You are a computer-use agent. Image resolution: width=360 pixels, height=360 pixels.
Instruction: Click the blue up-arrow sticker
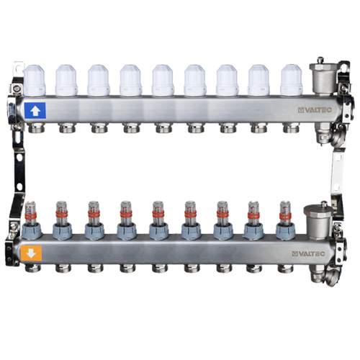point(35,111)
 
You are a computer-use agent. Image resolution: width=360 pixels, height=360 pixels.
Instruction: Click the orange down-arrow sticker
point(31,253)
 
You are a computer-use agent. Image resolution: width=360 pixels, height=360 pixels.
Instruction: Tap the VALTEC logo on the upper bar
point(315,110)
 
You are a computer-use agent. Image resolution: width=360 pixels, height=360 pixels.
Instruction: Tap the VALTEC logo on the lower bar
point(308,254)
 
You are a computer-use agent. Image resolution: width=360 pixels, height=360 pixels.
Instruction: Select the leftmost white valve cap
point(35,81)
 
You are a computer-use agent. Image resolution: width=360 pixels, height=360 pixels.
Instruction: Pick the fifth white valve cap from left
point(163,81)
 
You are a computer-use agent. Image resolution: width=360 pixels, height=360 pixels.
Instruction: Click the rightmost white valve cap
point(292,81)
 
